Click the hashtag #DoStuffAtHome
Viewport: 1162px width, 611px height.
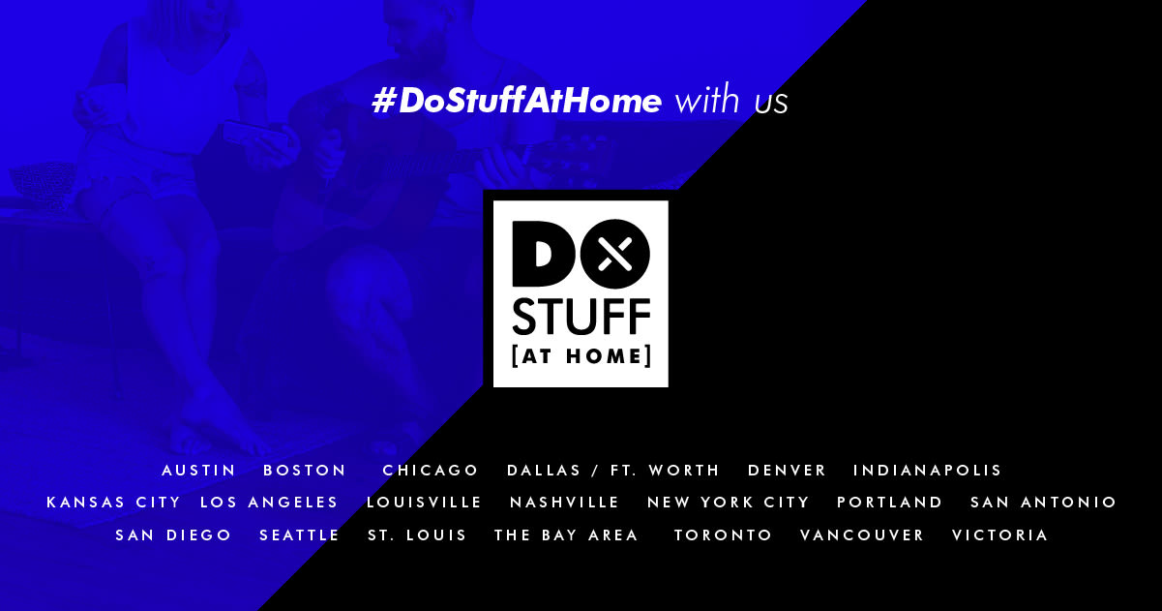517,100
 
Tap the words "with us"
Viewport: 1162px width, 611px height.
731,99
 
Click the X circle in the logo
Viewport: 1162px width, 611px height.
614,254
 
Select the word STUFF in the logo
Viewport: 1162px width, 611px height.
581,317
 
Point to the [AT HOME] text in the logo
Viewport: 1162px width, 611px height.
581,356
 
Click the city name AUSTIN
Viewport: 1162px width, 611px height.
198,471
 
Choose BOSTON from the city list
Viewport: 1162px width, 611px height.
305,471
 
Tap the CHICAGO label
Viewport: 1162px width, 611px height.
430,471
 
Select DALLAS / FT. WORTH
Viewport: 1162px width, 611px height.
613,471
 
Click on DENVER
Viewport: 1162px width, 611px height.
787,471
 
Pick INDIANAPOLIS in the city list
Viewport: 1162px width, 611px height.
927,471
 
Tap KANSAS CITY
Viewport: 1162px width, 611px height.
113,502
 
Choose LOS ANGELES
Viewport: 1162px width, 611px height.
269,502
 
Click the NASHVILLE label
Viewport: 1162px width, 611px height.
564,502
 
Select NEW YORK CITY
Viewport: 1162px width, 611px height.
729,502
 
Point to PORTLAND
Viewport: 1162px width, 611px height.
890,502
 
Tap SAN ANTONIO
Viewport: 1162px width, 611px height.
1043,502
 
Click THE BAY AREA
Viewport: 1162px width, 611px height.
566,535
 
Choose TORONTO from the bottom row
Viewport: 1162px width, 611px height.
723,535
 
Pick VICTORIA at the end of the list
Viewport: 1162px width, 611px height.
1000,535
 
